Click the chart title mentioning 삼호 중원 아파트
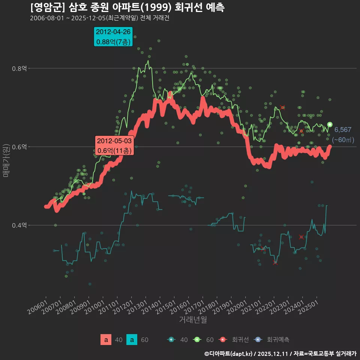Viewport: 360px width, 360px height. point(127,7)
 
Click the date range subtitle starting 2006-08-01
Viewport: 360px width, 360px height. point(99,18)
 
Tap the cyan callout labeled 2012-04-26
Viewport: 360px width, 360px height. point(113,37)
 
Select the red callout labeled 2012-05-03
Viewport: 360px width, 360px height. point(114,146)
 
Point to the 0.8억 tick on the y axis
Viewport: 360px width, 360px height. point(19,68)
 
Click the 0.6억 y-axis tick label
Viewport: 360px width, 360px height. point(19,147)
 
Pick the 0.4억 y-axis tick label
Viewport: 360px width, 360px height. point(19,225)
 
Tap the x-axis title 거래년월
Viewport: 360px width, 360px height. point(193,320)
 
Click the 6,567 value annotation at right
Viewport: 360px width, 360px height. point(343,130)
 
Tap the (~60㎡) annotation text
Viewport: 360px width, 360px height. point(343,140)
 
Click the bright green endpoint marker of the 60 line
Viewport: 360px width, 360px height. point(330,124)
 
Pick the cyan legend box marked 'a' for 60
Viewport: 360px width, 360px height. point(132,340)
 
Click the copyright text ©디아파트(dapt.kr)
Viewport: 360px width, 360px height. point(229,353)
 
